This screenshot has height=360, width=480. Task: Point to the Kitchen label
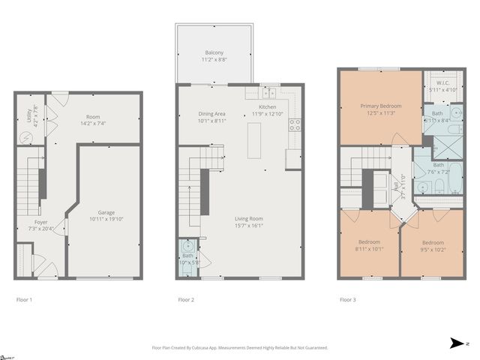(267, 107)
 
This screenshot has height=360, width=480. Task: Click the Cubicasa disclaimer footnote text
(240, 347)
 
